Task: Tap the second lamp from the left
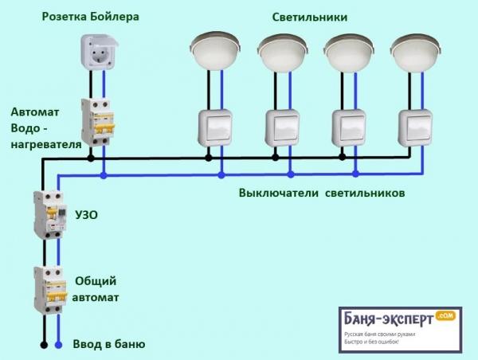(283, 50)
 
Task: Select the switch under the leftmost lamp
(215, 127)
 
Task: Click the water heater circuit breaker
(98, 121)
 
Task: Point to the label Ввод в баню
(109, 344)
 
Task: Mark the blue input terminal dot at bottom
(57, 345)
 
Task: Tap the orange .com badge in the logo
(445, 315)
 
